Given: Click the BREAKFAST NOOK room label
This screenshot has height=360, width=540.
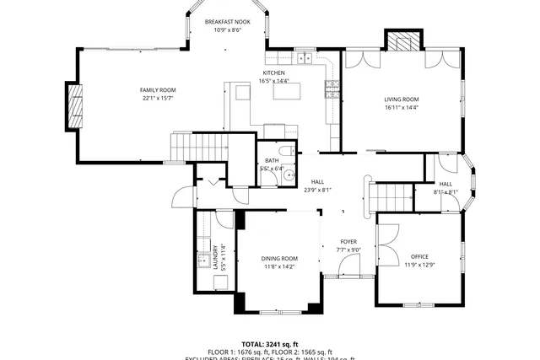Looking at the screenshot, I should [225, 22].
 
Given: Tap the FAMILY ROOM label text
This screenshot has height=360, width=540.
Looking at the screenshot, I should [158, 89].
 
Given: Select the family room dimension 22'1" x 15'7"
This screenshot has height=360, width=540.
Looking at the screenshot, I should [158, 99].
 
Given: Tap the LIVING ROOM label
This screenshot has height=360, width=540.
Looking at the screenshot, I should [402, 99].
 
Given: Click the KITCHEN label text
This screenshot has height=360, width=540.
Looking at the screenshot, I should [273, 73].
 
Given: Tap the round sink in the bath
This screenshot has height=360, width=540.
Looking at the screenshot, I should [288, 176].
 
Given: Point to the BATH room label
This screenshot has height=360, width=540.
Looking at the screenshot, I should [272, 159].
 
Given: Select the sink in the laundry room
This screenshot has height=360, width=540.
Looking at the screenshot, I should [204, 260].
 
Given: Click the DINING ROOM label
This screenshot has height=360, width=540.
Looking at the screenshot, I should [279, 258].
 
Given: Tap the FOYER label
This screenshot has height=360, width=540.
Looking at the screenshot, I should [348, 241].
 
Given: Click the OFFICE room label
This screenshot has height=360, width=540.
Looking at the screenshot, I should [419, 256].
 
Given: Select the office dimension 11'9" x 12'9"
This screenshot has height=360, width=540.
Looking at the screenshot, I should [419, 265].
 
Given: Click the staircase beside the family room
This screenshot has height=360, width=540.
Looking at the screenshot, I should [199, 146].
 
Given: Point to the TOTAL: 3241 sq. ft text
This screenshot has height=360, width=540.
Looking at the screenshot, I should [269, 344].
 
